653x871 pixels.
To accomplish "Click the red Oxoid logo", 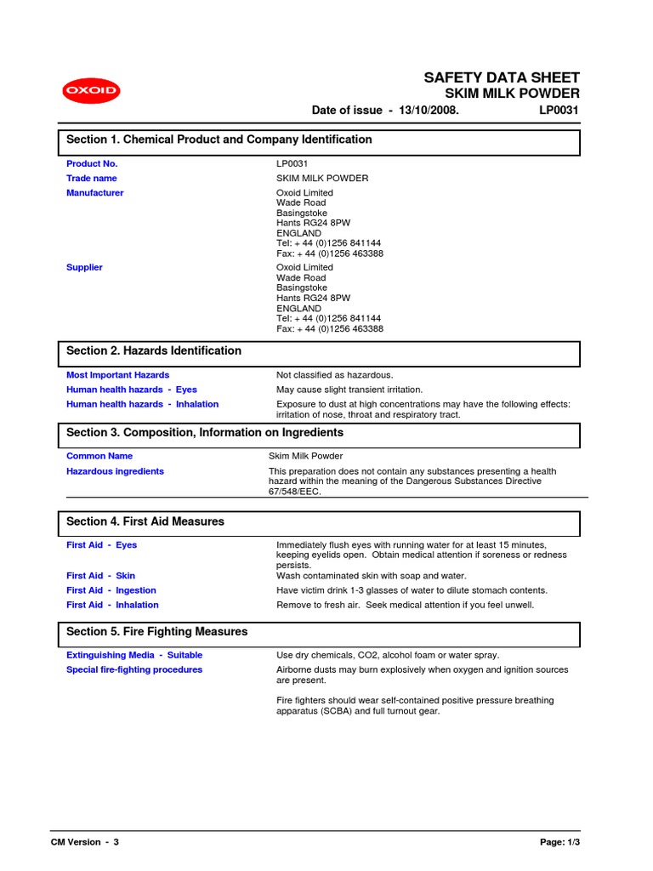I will point(91,91).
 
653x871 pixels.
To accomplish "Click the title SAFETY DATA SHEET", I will point(502,77).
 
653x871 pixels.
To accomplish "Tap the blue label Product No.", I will point(92,163).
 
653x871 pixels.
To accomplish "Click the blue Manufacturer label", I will point(94,193).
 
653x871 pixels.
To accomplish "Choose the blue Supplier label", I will point(84,267).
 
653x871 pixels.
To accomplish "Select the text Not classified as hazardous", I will point(335,375).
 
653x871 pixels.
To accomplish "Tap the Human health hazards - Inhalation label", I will point(142,404).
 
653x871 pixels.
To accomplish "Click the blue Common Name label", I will point(99,456).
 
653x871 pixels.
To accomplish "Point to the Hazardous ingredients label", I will point(115,471).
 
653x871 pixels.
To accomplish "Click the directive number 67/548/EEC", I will point(295,492).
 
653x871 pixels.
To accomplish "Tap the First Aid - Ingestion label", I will point(111,590).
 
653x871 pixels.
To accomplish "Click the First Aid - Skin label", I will point(100,576).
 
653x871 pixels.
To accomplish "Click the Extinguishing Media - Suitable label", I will point(134,655).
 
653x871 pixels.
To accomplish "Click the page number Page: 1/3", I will point(559,842).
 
